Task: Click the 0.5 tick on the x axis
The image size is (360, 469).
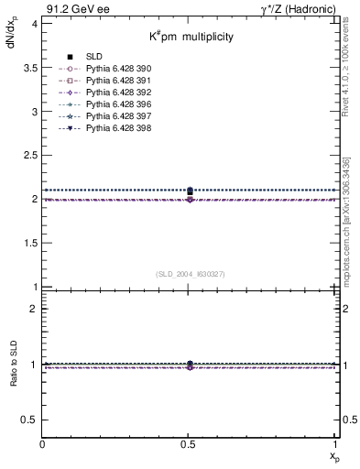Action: (190, 444)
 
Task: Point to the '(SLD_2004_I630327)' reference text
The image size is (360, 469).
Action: (190, 274)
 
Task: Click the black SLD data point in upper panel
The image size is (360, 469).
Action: (190, 191)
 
